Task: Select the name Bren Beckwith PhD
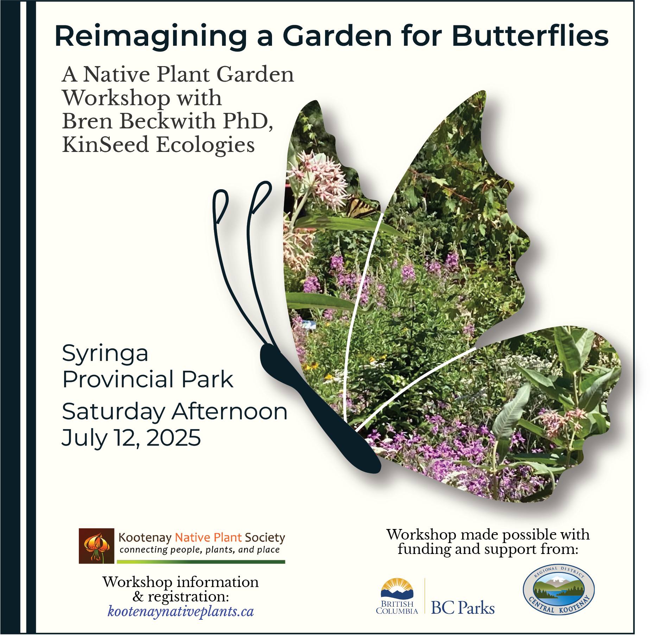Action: tap(168, 121)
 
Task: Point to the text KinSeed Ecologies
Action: tap(158, 145)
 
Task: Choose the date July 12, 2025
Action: tap(131, 438)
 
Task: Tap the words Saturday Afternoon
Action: tap(175, 412)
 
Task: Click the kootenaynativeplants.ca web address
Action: tap(181, 611)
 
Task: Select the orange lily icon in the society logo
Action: tap(96, 546)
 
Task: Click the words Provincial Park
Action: tap(148, 380)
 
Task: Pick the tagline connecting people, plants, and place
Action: tap(199, 550)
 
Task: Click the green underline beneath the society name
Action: tap(201, 562)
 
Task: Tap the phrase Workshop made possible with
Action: tap(488, 535)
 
